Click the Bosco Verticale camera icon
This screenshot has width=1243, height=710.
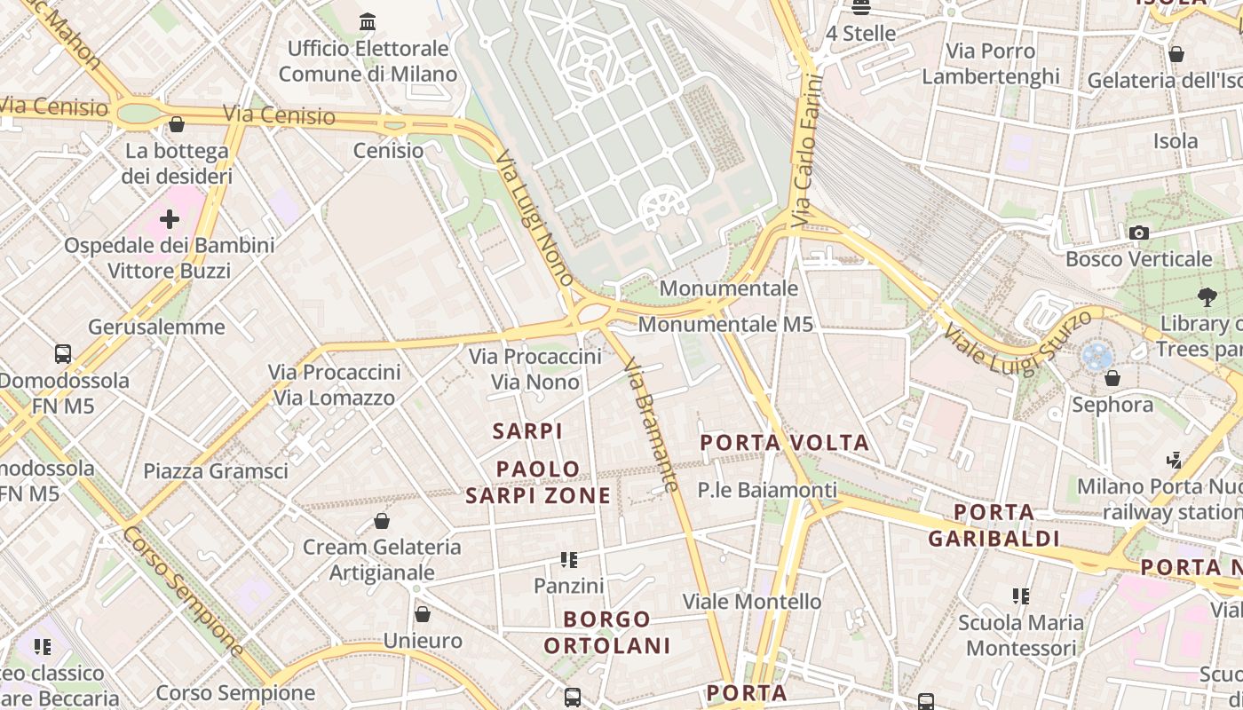click(x=1138, y=233)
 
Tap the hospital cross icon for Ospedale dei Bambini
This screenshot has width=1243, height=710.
click(x=169, y=218)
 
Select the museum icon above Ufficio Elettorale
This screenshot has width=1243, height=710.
click(x=367, y=21)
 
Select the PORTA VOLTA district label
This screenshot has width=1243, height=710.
click(x=785, y=442)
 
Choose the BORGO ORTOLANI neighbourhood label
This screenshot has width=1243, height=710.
click(x=608, y=632)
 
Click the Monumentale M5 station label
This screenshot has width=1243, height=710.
click(x=725, y=325)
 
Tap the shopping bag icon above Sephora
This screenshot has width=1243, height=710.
click(x=1112, y=378)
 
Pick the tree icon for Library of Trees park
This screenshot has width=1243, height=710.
click(x=1206, y=296)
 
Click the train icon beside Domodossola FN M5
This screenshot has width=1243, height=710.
click(x=63, y=353)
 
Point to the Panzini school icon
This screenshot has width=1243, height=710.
click(x=569, y=560)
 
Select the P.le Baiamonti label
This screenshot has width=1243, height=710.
click(x=767, y=490)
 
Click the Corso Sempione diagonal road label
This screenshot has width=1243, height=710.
click(x=183, y=591)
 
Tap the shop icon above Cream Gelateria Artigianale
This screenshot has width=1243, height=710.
click(x=382, y=521)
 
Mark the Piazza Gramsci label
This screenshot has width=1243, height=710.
click(x=216, y=471)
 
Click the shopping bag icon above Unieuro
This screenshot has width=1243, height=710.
click(x=423, y=614)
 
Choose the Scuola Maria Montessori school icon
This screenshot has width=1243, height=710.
click(x=1021, y=596)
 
